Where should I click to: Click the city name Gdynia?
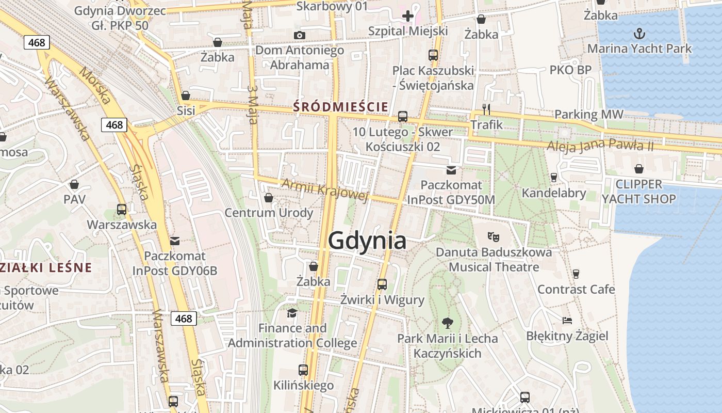[x=367, y=241]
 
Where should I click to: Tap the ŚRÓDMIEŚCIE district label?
[x=340, y=107]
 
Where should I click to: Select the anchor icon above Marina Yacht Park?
[x=639, y=34]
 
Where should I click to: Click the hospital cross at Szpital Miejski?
[x=408, y=16]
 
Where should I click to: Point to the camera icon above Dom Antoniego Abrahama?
[x=299, y=35]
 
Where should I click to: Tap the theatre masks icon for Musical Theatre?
[x=494, y=237]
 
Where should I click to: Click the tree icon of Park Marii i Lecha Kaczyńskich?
[x=447, y=323]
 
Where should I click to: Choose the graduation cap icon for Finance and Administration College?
[x=292, y=313]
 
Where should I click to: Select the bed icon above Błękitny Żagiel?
[x=567, y=321]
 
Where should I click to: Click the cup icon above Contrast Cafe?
[x=576, y=274]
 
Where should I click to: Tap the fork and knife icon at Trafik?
[x=486, y=109]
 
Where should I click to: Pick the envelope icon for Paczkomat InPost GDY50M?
[x=451, y=170]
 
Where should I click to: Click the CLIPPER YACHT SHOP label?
[x=638, y=192]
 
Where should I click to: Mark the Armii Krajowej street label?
[x=324, y=189]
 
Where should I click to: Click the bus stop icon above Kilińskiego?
[x=303, y=370]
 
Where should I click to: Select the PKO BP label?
[x=570, y=70]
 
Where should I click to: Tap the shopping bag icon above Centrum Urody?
[x=268, y=197]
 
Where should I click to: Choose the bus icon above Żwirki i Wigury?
[x=382, y=284]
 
